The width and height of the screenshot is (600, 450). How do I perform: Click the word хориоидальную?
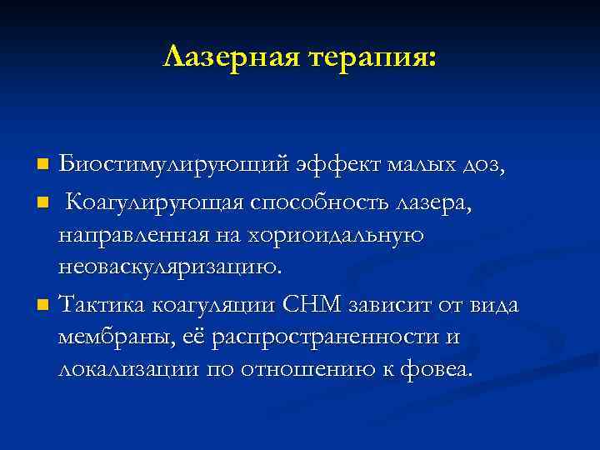[334, 236]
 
